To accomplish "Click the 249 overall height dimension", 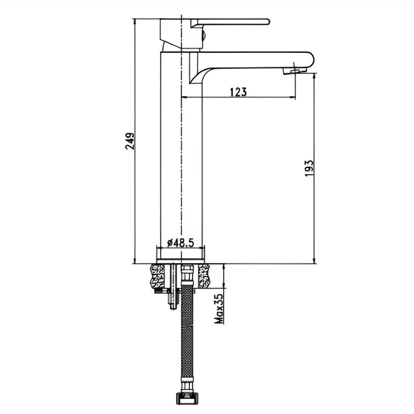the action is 130,141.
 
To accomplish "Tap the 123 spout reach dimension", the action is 238,92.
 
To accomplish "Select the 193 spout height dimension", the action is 309,168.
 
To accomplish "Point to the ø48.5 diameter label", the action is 181,242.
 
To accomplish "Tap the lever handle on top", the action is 230,22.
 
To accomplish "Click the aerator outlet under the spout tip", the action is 295,71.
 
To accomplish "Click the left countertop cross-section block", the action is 157,276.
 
